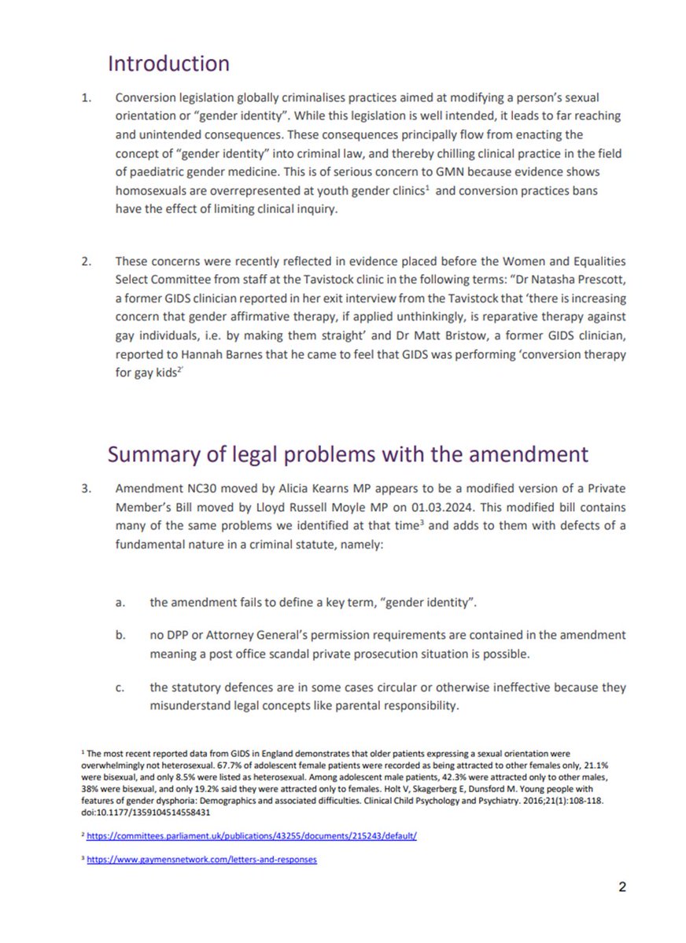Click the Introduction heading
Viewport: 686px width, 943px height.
168,63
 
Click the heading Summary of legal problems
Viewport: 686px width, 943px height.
346,453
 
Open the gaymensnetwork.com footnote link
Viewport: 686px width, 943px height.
203,860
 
